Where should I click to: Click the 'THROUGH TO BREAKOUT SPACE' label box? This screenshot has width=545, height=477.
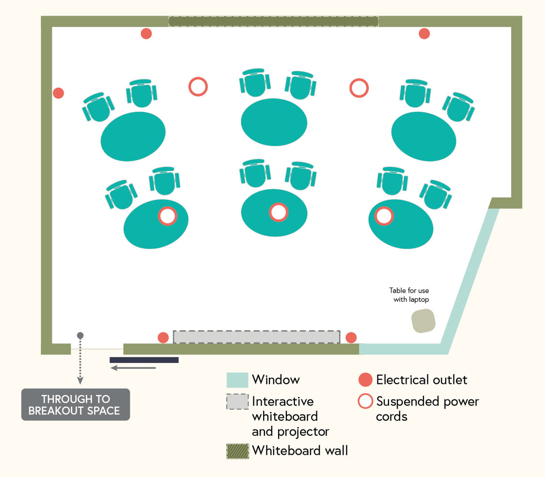point(76,405)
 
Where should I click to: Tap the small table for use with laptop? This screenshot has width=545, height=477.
point(423,321)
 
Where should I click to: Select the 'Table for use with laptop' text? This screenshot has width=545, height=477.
point(409,295)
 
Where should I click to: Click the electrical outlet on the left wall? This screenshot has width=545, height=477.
point(58,93)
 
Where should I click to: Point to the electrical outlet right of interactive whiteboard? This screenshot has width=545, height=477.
point(351,338)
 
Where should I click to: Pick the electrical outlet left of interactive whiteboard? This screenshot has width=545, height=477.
point(164,338)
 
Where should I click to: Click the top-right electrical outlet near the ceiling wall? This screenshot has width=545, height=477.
point(424,33)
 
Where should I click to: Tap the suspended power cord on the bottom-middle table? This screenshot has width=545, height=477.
point(279,212)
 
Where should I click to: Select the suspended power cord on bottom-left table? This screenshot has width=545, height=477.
point(167,216)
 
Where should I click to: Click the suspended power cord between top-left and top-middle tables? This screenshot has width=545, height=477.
point(198,87)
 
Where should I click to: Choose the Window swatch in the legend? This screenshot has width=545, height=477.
point(237,380)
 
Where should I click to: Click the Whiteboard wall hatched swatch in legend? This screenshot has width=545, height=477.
point(237,451)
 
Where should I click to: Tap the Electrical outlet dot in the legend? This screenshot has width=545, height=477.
point(365,380)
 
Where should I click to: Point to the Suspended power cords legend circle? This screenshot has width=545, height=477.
point(365,402)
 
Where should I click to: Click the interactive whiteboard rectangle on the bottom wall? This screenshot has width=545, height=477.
point(257,337)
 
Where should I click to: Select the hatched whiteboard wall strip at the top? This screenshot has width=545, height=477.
point(273,21)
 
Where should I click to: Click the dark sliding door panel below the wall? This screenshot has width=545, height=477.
point(144,360)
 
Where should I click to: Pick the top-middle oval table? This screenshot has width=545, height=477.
point(274,122)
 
